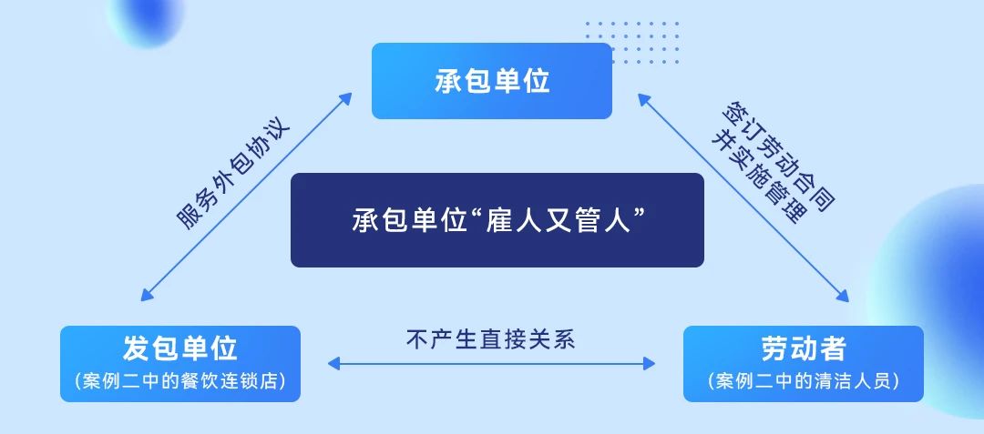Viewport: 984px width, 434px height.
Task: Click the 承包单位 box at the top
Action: [x=491, y=81]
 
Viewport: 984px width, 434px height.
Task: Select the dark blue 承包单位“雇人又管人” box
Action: [x=497, y=220]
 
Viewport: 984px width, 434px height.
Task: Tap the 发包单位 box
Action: [x=180, y=364]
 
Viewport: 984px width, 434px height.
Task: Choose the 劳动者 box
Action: [x=804, y=364]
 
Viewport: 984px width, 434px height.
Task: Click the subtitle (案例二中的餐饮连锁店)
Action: [x=180, y=380]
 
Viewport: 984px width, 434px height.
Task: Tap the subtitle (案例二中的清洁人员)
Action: [x=804, y=380]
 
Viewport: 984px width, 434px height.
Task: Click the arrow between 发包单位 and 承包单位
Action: [x=247, y=197]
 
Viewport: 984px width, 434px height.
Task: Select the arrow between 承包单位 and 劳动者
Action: [x=743, y=197]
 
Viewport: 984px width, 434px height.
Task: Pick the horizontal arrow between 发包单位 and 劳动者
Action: [x=491, y=363]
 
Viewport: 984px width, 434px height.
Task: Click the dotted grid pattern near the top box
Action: [x=632, y=42]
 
